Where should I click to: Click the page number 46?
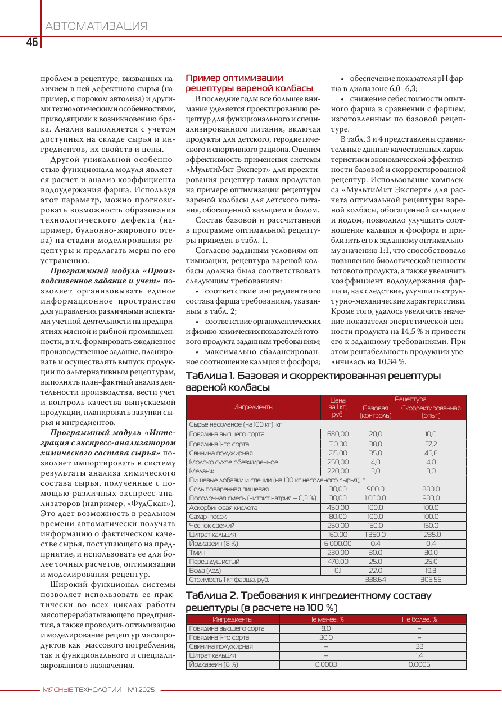point(31,42)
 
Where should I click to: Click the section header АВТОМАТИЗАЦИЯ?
point(96,26)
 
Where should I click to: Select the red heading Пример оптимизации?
point(234,78)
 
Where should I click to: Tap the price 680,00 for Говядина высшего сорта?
point(337,434)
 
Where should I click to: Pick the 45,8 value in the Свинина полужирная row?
point(431,453)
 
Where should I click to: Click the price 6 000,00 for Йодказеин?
point(337,544)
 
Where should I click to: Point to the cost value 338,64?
point(375,579)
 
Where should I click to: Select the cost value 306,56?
point(431,579)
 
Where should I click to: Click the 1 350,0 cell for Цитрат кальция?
point(375,535)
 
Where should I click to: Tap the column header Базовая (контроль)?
point(375,411)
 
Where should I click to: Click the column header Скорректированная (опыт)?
point(431,411)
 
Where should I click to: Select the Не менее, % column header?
point(325,619)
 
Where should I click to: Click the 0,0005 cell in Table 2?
point(419,664)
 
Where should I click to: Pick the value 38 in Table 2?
point(419,646)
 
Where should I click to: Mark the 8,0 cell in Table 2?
point(325,628)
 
